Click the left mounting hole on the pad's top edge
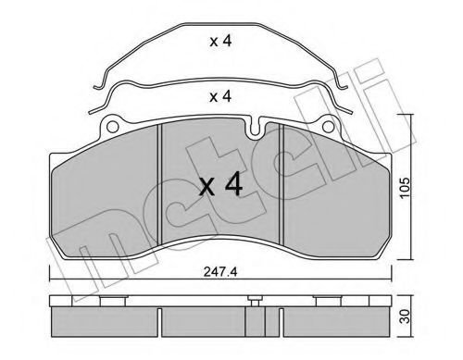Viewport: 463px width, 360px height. (x=113, y=125)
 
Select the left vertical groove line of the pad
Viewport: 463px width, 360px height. (x=161, y=185)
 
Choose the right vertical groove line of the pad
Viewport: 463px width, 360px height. (x=282, y=185)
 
